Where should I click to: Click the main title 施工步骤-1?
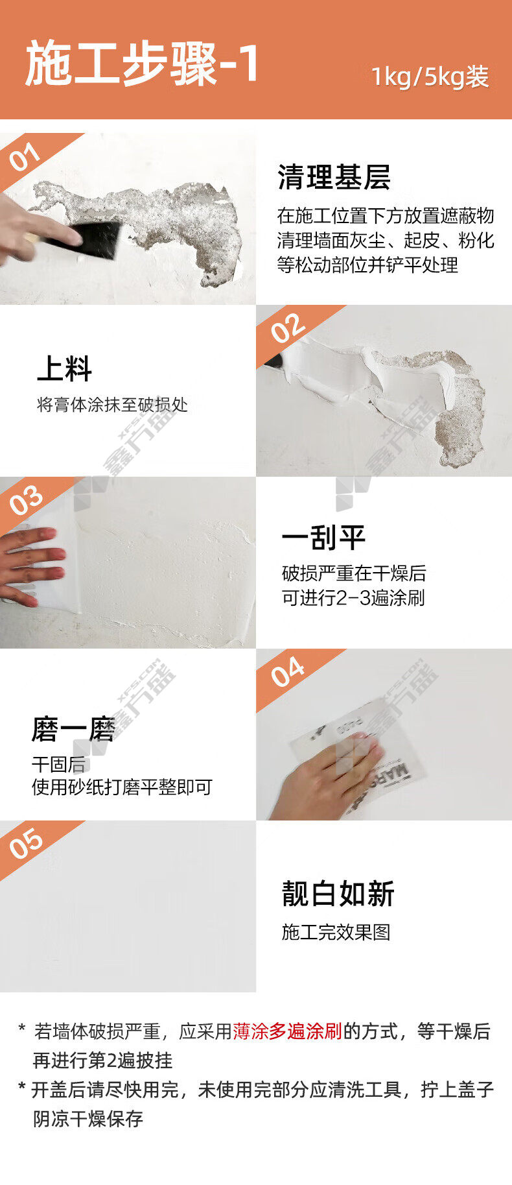(x=142, y=63)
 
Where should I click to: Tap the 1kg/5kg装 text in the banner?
(x=430, y=77)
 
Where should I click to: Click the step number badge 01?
(x=25, y=158)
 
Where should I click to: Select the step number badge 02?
(x=287, y=329)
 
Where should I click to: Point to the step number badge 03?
(x=26, y=501)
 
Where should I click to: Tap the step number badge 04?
(x=287, y=672)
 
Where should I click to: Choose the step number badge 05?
(x=26, y=844)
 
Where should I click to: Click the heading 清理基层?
(x=334, y=177)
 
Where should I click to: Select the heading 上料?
(x=64, y=368)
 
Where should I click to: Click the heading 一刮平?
(x=323, y=538)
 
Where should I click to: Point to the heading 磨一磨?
(x=73, y=729)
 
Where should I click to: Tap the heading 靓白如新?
(x=338, y=894)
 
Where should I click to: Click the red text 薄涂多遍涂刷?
(x=287, y=1031)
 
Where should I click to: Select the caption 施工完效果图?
(x=336, y=932)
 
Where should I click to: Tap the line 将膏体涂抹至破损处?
(x=112, y=405)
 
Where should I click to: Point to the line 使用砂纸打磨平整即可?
(x=122, y=787)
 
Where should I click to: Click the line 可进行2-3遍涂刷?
(x=353, y=597)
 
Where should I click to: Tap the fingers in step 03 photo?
(x=32, y=566)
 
